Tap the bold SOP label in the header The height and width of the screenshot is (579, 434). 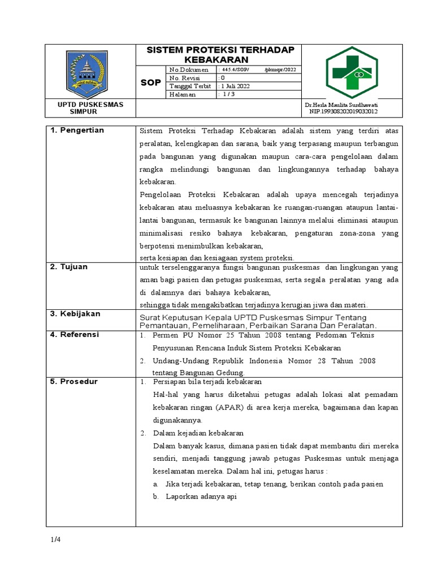click(150, 83)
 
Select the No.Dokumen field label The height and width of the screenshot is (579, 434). click(188, 70)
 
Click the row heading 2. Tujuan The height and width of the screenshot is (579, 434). click(69, 267)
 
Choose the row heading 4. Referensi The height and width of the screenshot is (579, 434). click(75, 335)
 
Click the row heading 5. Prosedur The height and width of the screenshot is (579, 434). click(73, 382)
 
